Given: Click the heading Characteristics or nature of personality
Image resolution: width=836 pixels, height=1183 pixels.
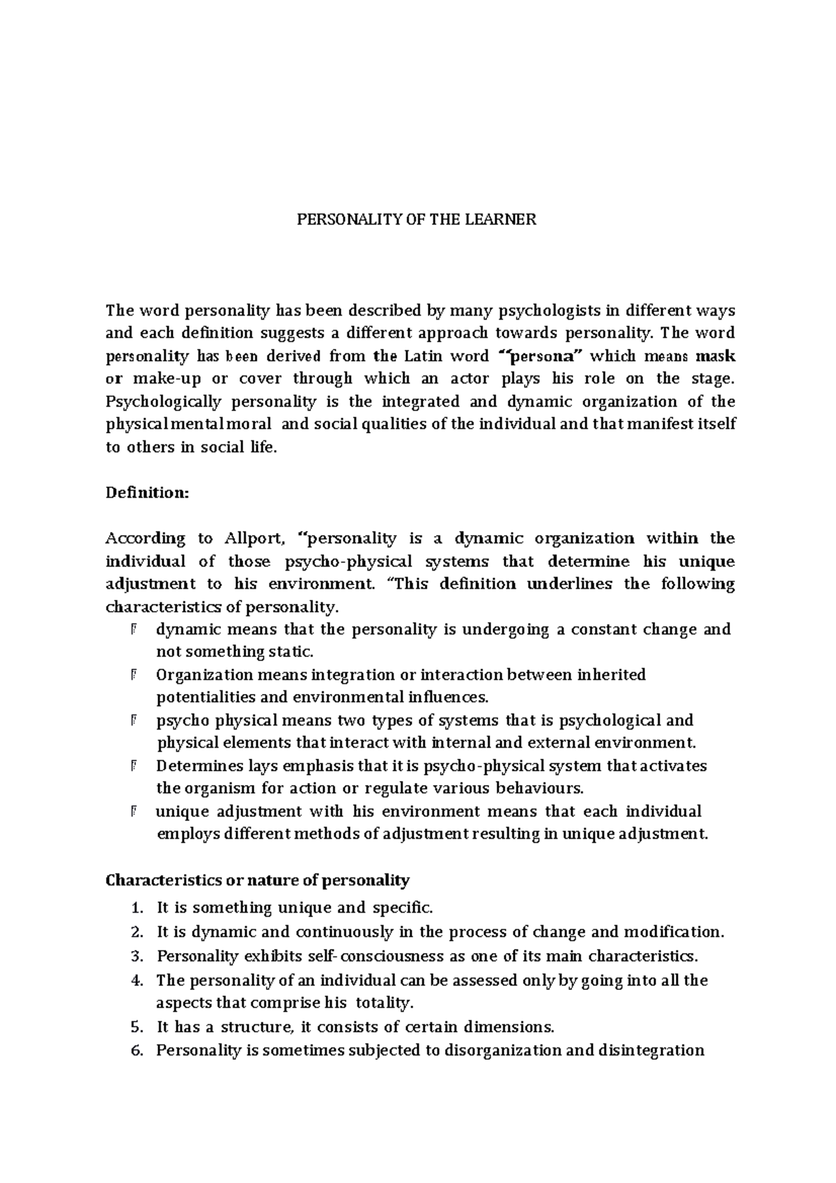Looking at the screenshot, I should click(x=257, y=881).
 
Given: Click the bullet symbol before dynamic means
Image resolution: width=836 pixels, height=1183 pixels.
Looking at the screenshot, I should click(x=132, y=630).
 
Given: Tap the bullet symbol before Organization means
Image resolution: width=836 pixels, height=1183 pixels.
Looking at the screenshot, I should click(x=132, y=675).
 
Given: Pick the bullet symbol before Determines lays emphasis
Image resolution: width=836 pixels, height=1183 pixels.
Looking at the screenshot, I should click(x=132, y=766).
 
